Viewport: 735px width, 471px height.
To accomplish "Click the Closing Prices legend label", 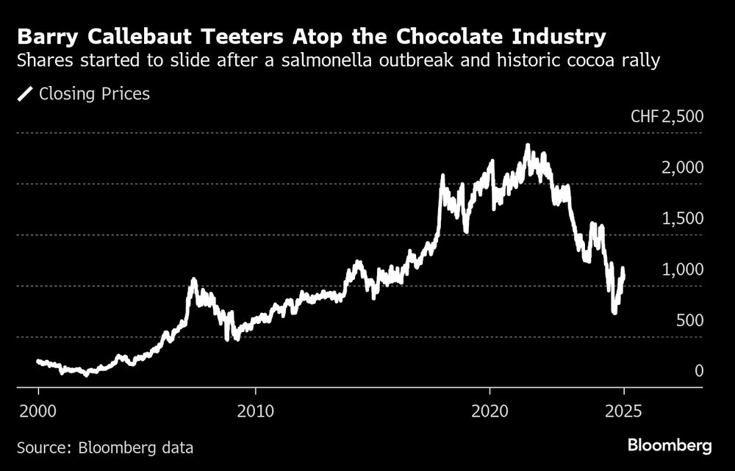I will (94, 94).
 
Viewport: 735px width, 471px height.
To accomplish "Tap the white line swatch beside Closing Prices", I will (26, 94).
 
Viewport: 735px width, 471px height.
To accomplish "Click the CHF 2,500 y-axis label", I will (667, 117).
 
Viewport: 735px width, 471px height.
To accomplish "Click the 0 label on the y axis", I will (700, 370).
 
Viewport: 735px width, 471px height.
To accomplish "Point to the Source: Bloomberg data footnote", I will (105, 446).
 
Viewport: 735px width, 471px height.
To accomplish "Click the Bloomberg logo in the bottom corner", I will (670, 445).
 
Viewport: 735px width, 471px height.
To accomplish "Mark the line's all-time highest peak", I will (527, 145).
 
